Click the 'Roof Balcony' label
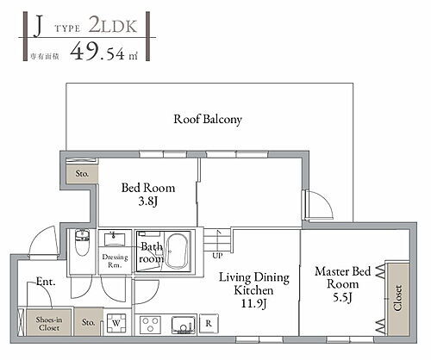pos(208,119)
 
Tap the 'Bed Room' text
pos(148,188)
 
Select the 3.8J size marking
pos(148,202)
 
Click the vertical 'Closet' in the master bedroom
pos(397,298)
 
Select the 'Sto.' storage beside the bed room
pos(81,173)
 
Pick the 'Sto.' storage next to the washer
pos(89,323)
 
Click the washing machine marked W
pos(116,324)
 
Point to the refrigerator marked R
pos(209,324)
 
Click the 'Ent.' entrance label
pos(46,282)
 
